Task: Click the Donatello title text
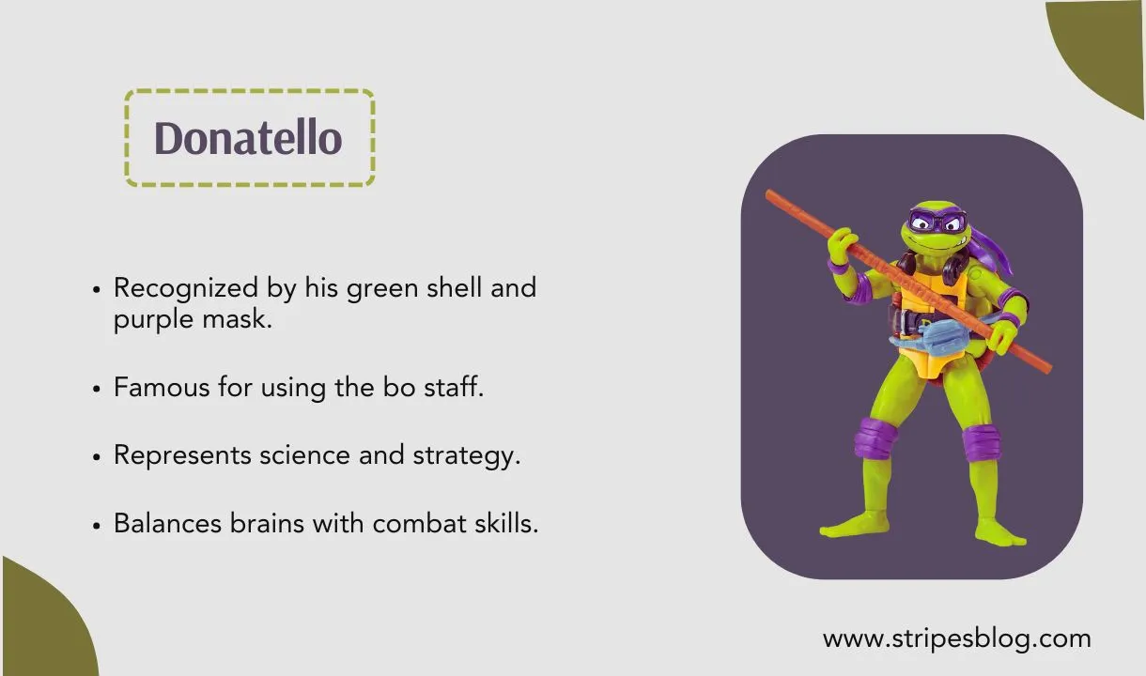(x=248, y=138)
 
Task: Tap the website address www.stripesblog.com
(x=956, y=639)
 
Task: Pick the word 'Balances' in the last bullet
(x=168, y=523)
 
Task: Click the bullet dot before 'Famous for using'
(x=97, y=388)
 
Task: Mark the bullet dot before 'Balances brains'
(x=97, y=525)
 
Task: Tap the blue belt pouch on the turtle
(x=925, y=332)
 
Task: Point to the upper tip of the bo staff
(x=770, y=194)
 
